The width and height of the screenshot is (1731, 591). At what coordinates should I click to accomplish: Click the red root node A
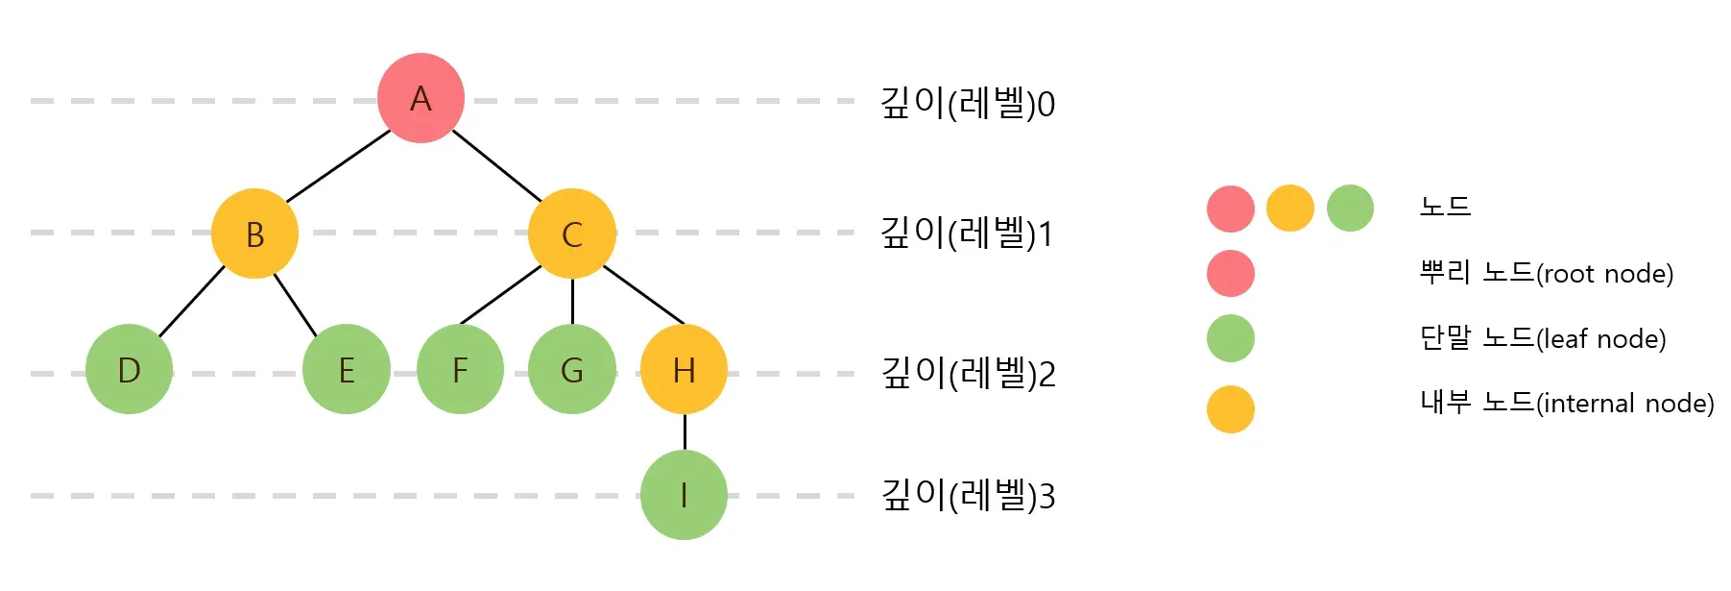[421, 98]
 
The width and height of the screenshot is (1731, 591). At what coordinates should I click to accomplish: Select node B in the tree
[254, 234]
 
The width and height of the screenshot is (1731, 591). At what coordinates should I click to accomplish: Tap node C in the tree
[572, 234]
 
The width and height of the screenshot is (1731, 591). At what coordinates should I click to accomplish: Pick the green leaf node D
[129, 370]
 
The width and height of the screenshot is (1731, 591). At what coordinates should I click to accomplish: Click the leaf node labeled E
[347, 370]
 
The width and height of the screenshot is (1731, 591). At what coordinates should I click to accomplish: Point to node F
[460, 370]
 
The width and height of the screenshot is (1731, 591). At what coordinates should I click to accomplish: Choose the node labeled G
[572, 370]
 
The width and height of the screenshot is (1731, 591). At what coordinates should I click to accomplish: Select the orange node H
[684, 370]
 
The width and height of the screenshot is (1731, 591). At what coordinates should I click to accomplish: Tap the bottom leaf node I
[684, 495]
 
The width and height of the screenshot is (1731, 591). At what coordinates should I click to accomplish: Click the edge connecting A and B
[338, 166]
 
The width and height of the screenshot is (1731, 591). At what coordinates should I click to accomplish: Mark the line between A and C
[496, 165]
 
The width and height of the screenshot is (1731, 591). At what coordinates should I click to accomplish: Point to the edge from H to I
[685, 432]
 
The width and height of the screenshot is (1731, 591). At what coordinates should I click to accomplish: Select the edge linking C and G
[572, 301]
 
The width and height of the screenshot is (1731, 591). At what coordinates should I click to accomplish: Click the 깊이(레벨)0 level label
[968, 103]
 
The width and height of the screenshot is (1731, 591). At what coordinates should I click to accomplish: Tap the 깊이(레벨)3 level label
[968, 496]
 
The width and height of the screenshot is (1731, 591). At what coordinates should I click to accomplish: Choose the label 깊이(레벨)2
[968, 374]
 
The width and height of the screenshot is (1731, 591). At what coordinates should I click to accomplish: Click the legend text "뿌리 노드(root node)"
[1546, 273]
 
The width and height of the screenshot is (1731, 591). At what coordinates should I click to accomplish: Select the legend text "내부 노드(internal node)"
[1567, 403]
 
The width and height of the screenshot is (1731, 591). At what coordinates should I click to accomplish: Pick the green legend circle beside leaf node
[1231, 338]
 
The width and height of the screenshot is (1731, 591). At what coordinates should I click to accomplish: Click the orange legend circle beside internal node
[1231, 409]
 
